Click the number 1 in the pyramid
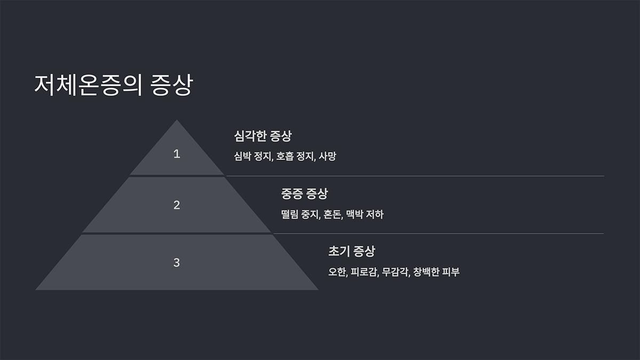pyautogui.click(x=177, y=154)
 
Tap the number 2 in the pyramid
pyautogui.click(x=177, y=205)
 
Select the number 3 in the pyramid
pyautogui.click(x=177, y=262)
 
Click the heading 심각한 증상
pyautogui.click(x=262, y=136)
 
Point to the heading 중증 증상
pyautogui.click(x=304, y=194)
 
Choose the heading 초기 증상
pyautogui.click(x=351, y=251)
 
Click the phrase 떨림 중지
pyautogui.click(x=300, y=214)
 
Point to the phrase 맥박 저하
pyautogui.click(x=364, y=214)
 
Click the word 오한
pyautogui.click(x=338, y=272)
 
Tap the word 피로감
pyautogui.click(x=365, y=272)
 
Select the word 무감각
pyautogui.click(x=395, y=272)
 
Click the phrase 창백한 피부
pyautogui.click(x=436, y=272)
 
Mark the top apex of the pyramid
pyautogui.click(x=177, y=121)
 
